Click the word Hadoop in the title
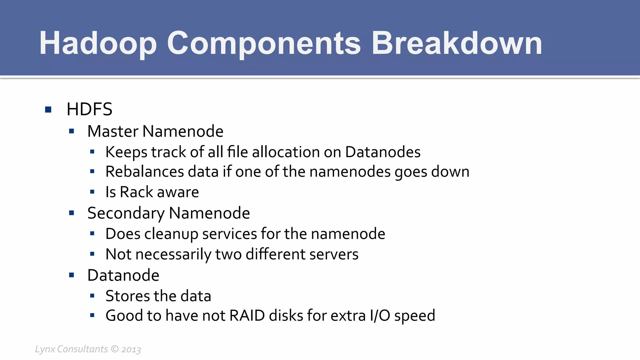[x=97, y=44]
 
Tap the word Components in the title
[x=264, y=44]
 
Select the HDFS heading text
[x=89, y=109]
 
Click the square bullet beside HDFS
[x=48, y=109]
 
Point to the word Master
[x=113, y=131]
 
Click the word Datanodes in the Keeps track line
[x=382, y=152]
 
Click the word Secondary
[x=126, y=213]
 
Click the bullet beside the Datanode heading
[x=72, y=275]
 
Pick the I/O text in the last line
[x=380, y=316]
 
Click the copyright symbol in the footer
[x=115, y=349]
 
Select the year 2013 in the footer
[x=131, y=349]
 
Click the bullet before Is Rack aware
[x=92, y=192]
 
